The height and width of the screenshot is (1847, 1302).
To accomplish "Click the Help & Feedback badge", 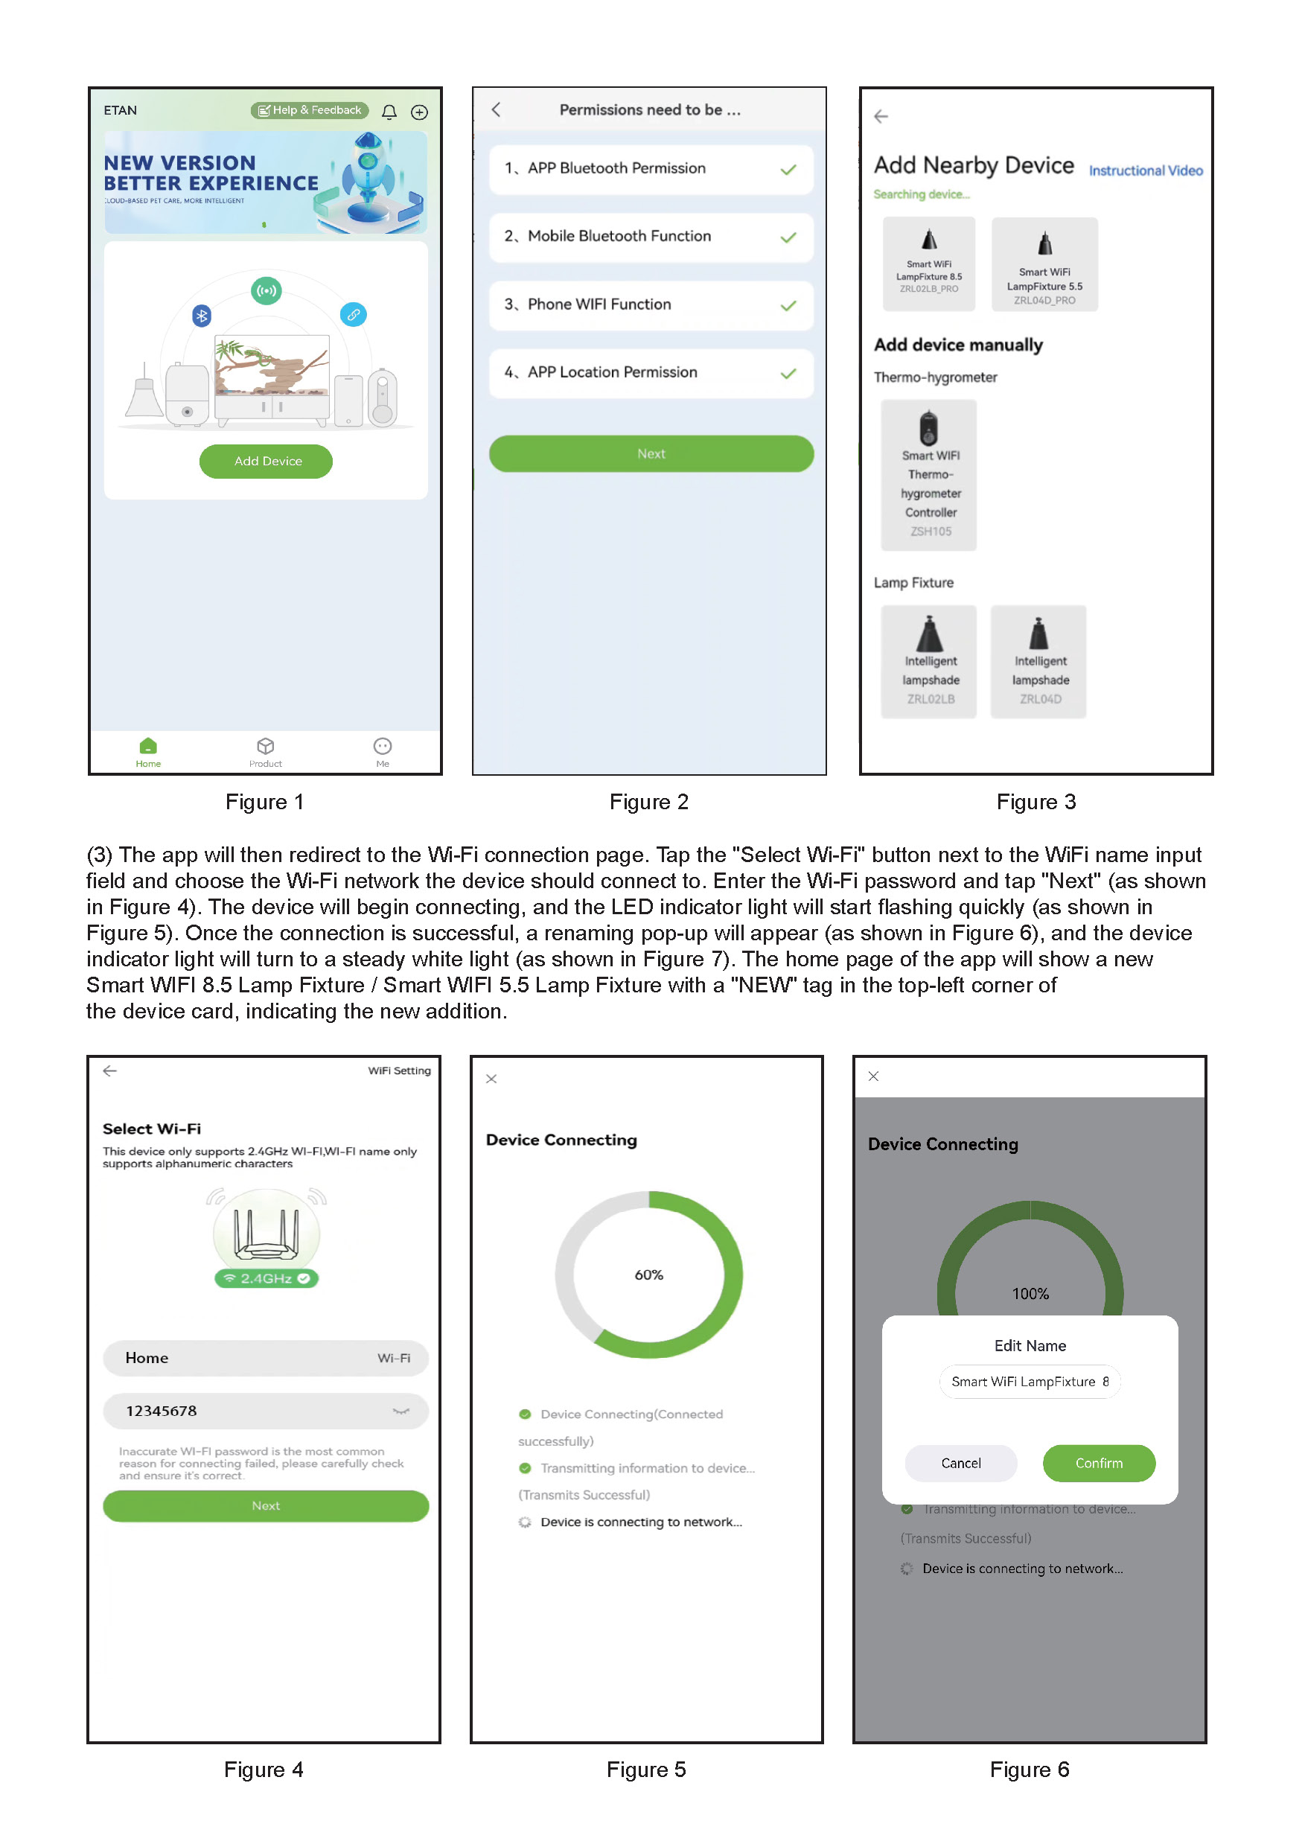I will click(x=310, y=110).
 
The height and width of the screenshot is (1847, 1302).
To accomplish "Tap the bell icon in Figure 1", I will click(x=389, y=112).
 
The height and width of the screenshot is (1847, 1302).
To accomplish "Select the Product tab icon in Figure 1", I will click(x=265, y=747).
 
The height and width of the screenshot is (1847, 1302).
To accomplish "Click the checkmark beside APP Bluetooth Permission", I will click(x=788, y=169).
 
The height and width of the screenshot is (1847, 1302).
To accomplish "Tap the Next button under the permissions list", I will click(x=651, y=453).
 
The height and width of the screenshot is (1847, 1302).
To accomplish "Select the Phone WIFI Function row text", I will click(x=599, y=304).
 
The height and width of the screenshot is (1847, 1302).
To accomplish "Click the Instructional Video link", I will click(x=1145, y=170).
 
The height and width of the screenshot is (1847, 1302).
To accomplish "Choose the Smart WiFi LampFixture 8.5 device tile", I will click(x=929, y=264).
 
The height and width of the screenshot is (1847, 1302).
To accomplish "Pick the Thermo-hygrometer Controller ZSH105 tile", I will click(x=929, y=475).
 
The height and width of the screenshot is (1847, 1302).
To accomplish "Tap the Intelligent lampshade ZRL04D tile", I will click(x=1038, y=661).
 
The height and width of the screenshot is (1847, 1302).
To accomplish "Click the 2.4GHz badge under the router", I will click(x=267, y=1278).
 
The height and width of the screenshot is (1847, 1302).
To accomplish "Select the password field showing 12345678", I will click(x=265, y=1411).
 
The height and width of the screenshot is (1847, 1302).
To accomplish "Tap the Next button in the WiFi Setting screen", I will click(x=265, y=1506).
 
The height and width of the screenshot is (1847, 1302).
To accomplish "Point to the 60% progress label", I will click(x=649, y=1275).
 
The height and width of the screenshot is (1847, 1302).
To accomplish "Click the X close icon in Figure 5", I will click(x=491, y=1079).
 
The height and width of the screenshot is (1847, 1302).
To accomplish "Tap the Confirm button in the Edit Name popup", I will click(x=1099, y=1464).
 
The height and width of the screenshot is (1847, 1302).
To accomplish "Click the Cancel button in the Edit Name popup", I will click(x=961, y=1464).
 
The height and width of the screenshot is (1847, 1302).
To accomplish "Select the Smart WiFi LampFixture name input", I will click(x=1030, y=1381).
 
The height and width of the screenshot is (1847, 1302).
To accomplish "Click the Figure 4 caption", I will click(x=264, y=1770).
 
